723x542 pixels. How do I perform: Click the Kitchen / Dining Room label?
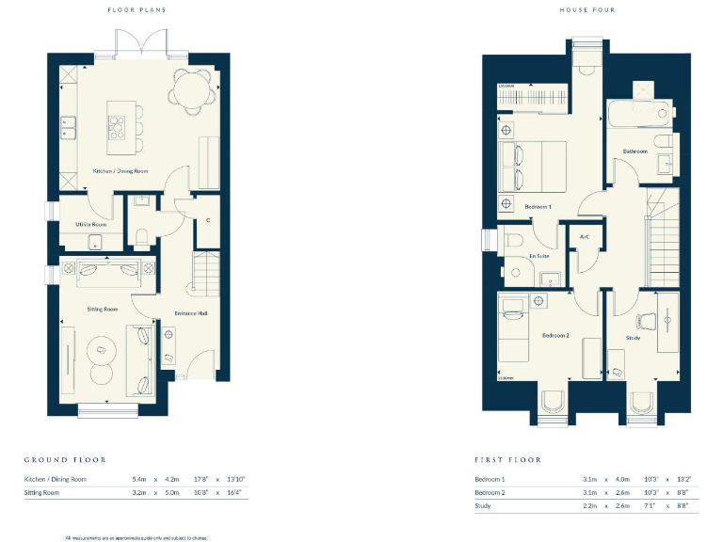[120, 171]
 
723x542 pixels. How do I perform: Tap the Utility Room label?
[91, 225]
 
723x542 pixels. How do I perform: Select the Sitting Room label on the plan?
[104, 309]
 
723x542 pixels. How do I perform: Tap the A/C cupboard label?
[584, 237]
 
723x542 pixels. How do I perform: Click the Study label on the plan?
[634, 337]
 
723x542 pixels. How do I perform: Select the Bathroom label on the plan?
[634, 151]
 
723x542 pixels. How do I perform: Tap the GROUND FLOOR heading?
[65, 460]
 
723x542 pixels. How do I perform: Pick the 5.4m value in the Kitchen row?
[138, 480]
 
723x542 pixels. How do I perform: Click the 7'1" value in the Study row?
[651, 506]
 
